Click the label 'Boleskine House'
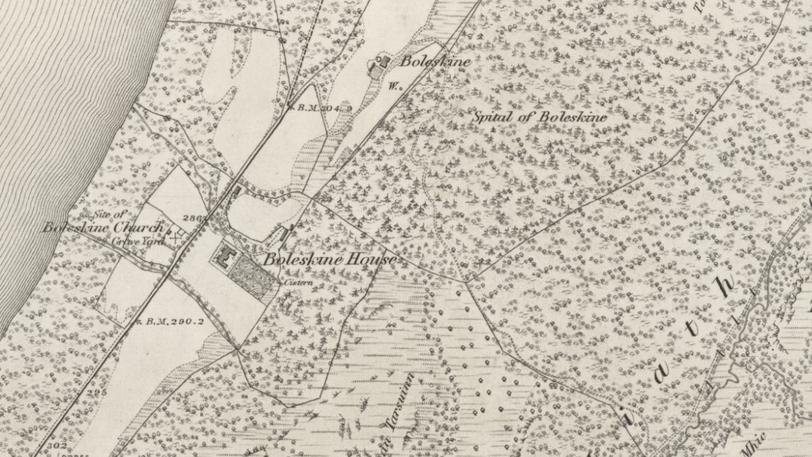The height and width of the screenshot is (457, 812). tap(329, 259)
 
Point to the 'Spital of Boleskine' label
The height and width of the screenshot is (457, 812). tap(540, 117)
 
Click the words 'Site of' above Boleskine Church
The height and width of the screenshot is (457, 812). tap(111, 214)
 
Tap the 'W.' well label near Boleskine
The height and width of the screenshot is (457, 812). tap(394, 85)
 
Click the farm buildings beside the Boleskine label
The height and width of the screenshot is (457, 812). tap(379, 64)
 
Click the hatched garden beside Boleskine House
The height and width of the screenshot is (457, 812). tap(255, 272)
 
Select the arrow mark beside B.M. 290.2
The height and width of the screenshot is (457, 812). tap(137, 320)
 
